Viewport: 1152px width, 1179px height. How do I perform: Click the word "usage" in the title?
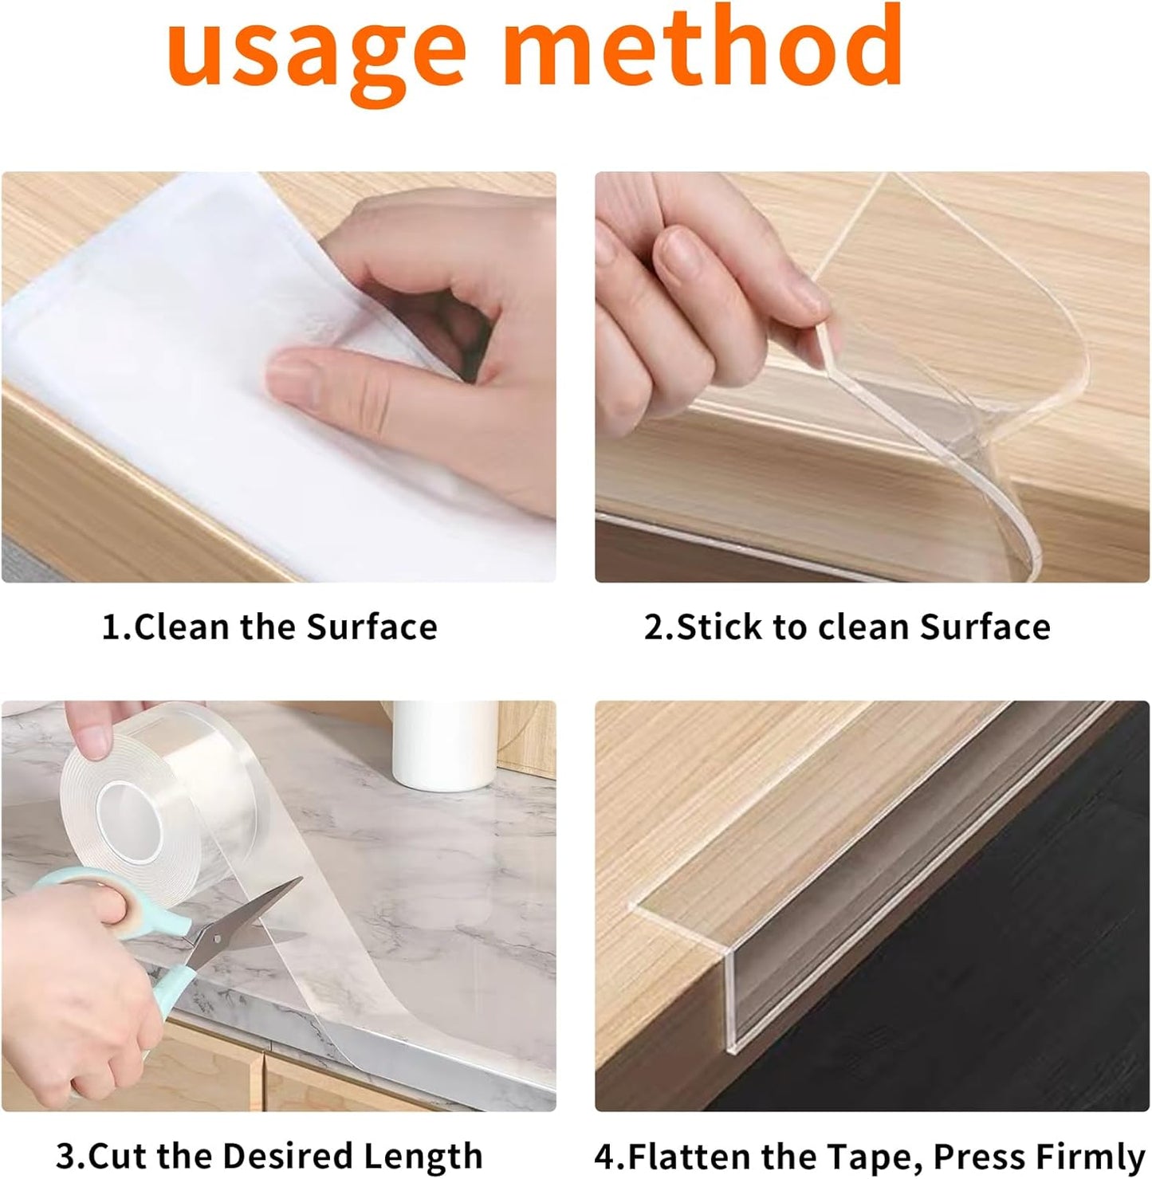click(316, 53)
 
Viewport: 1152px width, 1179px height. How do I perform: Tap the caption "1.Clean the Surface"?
click(269, 627)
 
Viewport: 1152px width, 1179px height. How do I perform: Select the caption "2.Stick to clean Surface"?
click(847, 627)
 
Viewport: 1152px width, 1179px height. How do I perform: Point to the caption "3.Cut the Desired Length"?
click(269, 1155)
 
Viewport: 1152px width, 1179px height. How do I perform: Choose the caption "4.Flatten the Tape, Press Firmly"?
click(869, 1155)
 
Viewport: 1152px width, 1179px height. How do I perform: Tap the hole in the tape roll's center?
click(132, 821)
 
